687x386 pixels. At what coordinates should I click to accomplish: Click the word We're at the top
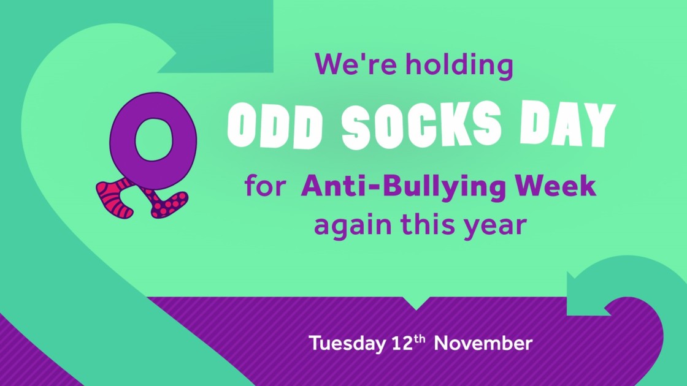point(355,64)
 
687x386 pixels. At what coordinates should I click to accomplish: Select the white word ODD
point(275,126)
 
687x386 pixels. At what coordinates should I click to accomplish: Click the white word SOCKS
point(421,125)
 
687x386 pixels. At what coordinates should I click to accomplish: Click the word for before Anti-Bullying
point(266,186)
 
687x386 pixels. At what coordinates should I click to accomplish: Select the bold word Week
point(556,186)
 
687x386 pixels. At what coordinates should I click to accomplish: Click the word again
point(353,226)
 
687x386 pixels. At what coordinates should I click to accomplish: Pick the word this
point(428,224)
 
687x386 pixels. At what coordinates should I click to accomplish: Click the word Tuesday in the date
point(347,344)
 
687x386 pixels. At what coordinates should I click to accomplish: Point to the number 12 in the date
point(402,343)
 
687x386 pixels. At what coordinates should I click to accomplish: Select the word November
point(483,343)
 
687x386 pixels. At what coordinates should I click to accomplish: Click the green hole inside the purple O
point(153,140)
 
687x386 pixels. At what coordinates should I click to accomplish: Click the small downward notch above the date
point(416,303)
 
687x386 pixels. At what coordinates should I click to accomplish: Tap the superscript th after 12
point(420,338)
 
